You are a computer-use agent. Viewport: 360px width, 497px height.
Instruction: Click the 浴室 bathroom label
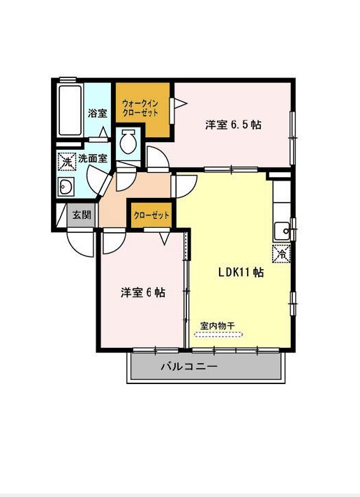click(98, 113)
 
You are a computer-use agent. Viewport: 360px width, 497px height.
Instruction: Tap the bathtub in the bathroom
click(70, 109)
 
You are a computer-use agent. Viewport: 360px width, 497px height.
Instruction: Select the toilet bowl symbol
click(128, 142)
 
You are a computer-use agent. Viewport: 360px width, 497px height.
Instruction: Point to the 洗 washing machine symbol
click(67, 162)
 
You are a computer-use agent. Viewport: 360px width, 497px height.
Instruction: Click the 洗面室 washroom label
click(93, 159)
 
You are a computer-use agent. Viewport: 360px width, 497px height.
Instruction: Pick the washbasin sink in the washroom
click(66, 186)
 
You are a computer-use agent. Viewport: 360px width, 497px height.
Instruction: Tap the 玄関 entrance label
click(82, 215)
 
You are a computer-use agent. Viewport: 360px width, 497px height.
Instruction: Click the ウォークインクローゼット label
click(140, 109)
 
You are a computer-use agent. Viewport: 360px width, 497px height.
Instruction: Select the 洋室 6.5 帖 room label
click(233, 125)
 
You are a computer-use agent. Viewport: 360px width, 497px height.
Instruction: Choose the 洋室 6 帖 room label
click(143, 292)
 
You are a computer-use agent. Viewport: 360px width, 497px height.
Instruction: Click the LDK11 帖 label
click(241, 272)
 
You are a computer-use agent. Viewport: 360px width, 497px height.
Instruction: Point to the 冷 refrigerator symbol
click(282, 254)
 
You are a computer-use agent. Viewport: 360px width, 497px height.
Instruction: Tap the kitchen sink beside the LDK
click(282, 231)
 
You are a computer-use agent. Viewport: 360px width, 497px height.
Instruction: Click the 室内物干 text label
click(217, 326)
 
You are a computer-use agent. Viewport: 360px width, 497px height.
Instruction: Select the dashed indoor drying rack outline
click(218, 335)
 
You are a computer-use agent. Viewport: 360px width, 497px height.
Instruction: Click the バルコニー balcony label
click(189, 367)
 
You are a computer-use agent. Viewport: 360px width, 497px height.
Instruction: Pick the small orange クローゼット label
click(151, 215)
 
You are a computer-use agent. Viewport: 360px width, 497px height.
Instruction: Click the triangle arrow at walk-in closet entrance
click(181, 103)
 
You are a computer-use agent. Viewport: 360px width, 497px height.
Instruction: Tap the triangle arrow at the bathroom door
click(103, 132)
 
